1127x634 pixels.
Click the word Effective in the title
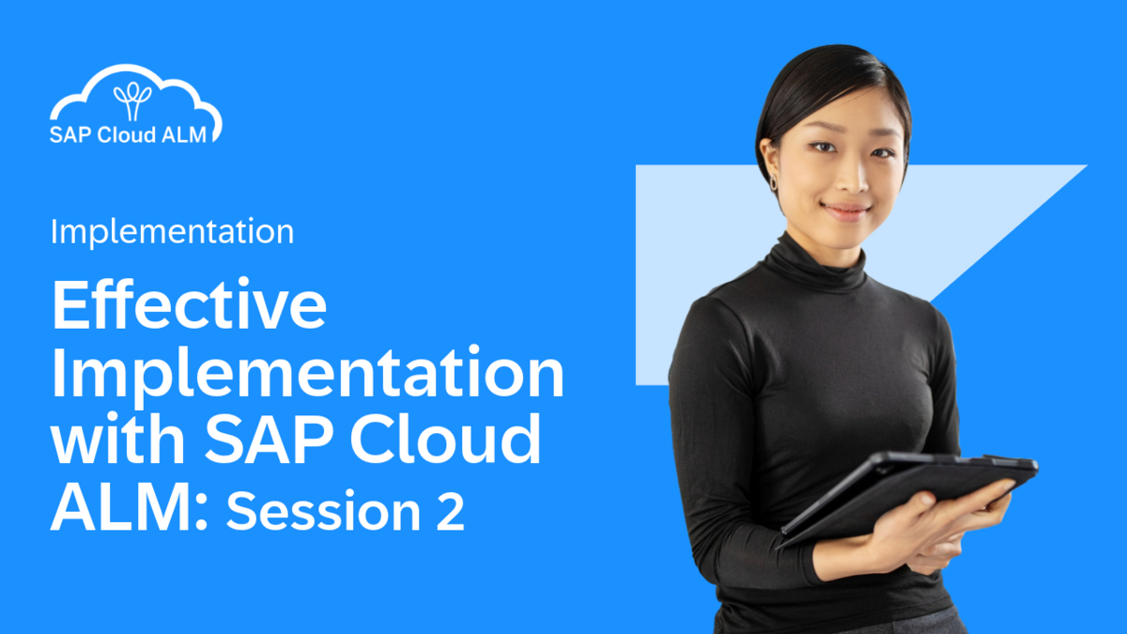coord(189,307)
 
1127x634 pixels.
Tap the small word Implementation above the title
coord(172,231)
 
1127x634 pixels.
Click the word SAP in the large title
coord(262,441)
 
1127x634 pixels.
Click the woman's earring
coord(775,180)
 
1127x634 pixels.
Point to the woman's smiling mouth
coord(844,210)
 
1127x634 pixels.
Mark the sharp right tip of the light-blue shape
coord(1085,167)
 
